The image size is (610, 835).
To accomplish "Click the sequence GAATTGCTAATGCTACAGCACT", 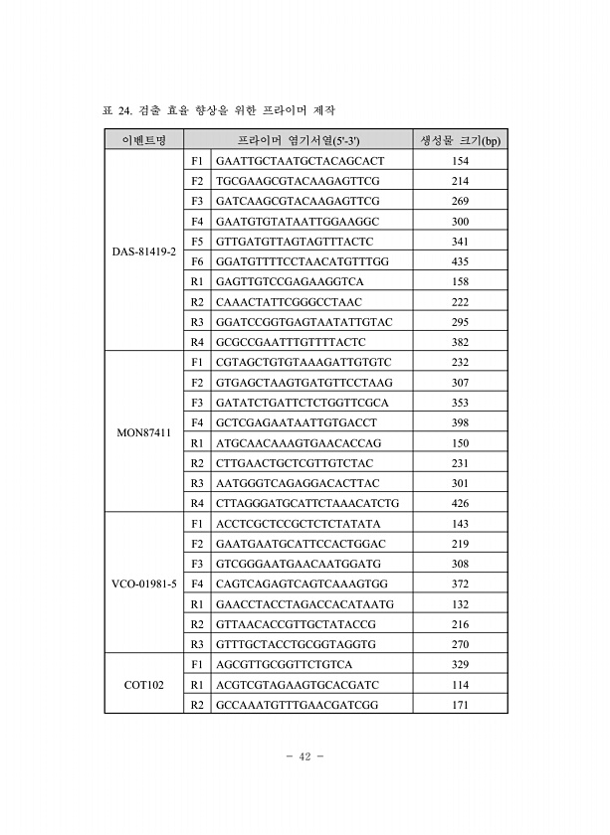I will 300,161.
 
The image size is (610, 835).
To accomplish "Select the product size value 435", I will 460,261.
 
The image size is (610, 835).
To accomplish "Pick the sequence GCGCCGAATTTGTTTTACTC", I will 298,342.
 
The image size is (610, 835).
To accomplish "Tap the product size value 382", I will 460,342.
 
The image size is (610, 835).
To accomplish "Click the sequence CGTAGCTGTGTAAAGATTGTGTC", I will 304,363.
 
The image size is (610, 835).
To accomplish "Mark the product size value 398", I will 460,422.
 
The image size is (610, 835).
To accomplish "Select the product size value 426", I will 460,503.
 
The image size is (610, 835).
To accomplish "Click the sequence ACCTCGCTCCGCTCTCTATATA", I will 299,524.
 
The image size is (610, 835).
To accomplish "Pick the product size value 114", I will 460,684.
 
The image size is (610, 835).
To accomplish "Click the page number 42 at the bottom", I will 305,756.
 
